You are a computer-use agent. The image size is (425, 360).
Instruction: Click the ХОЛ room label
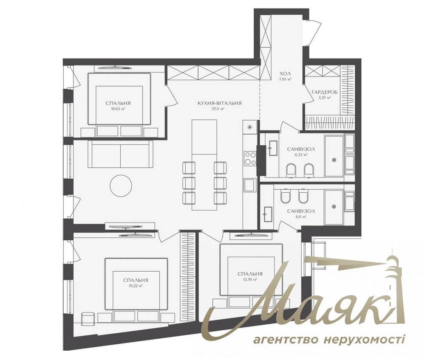pyautogui.click(x=285, y=73)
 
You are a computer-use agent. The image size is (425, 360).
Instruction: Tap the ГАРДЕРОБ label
pyautogui.click(x=321, y=92)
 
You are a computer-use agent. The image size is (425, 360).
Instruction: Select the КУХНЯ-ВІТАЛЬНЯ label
pyautogui.click(x=219, y=103)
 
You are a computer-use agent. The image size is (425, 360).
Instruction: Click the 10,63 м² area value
pyautogui.click(x=119, y=109)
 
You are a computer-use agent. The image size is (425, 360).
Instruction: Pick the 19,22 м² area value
pyautogui.click(x=136, y=286)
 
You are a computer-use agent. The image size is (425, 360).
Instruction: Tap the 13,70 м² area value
pyautogui.click(x=250, y=280)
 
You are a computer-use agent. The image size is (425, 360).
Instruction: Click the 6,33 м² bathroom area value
pyautogui.click(x=301, y=155)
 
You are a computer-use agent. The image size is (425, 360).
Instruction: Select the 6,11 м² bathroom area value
pyautogui.click(x=300, y=217)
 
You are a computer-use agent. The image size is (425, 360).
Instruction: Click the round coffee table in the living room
pyautogui.click(x=121, y=186)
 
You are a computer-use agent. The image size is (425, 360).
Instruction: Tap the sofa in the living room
pyautogui.click(x=120, y=154)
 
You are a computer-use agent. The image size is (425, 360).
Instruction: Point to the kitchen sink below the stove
pyautogui.click(x=249, y=186)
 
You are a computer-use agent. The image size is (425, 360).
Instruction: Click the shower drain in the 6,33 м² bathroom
pyautogui.click(x=334, y=160)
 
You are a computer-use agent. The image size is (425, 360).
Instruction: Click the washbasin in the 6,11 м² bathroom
pyautogui.click(x=267, y=214)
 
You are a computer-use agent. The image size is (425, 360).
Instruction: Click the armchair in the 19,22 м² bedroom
pyautogui.click(x=88, y=318)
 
